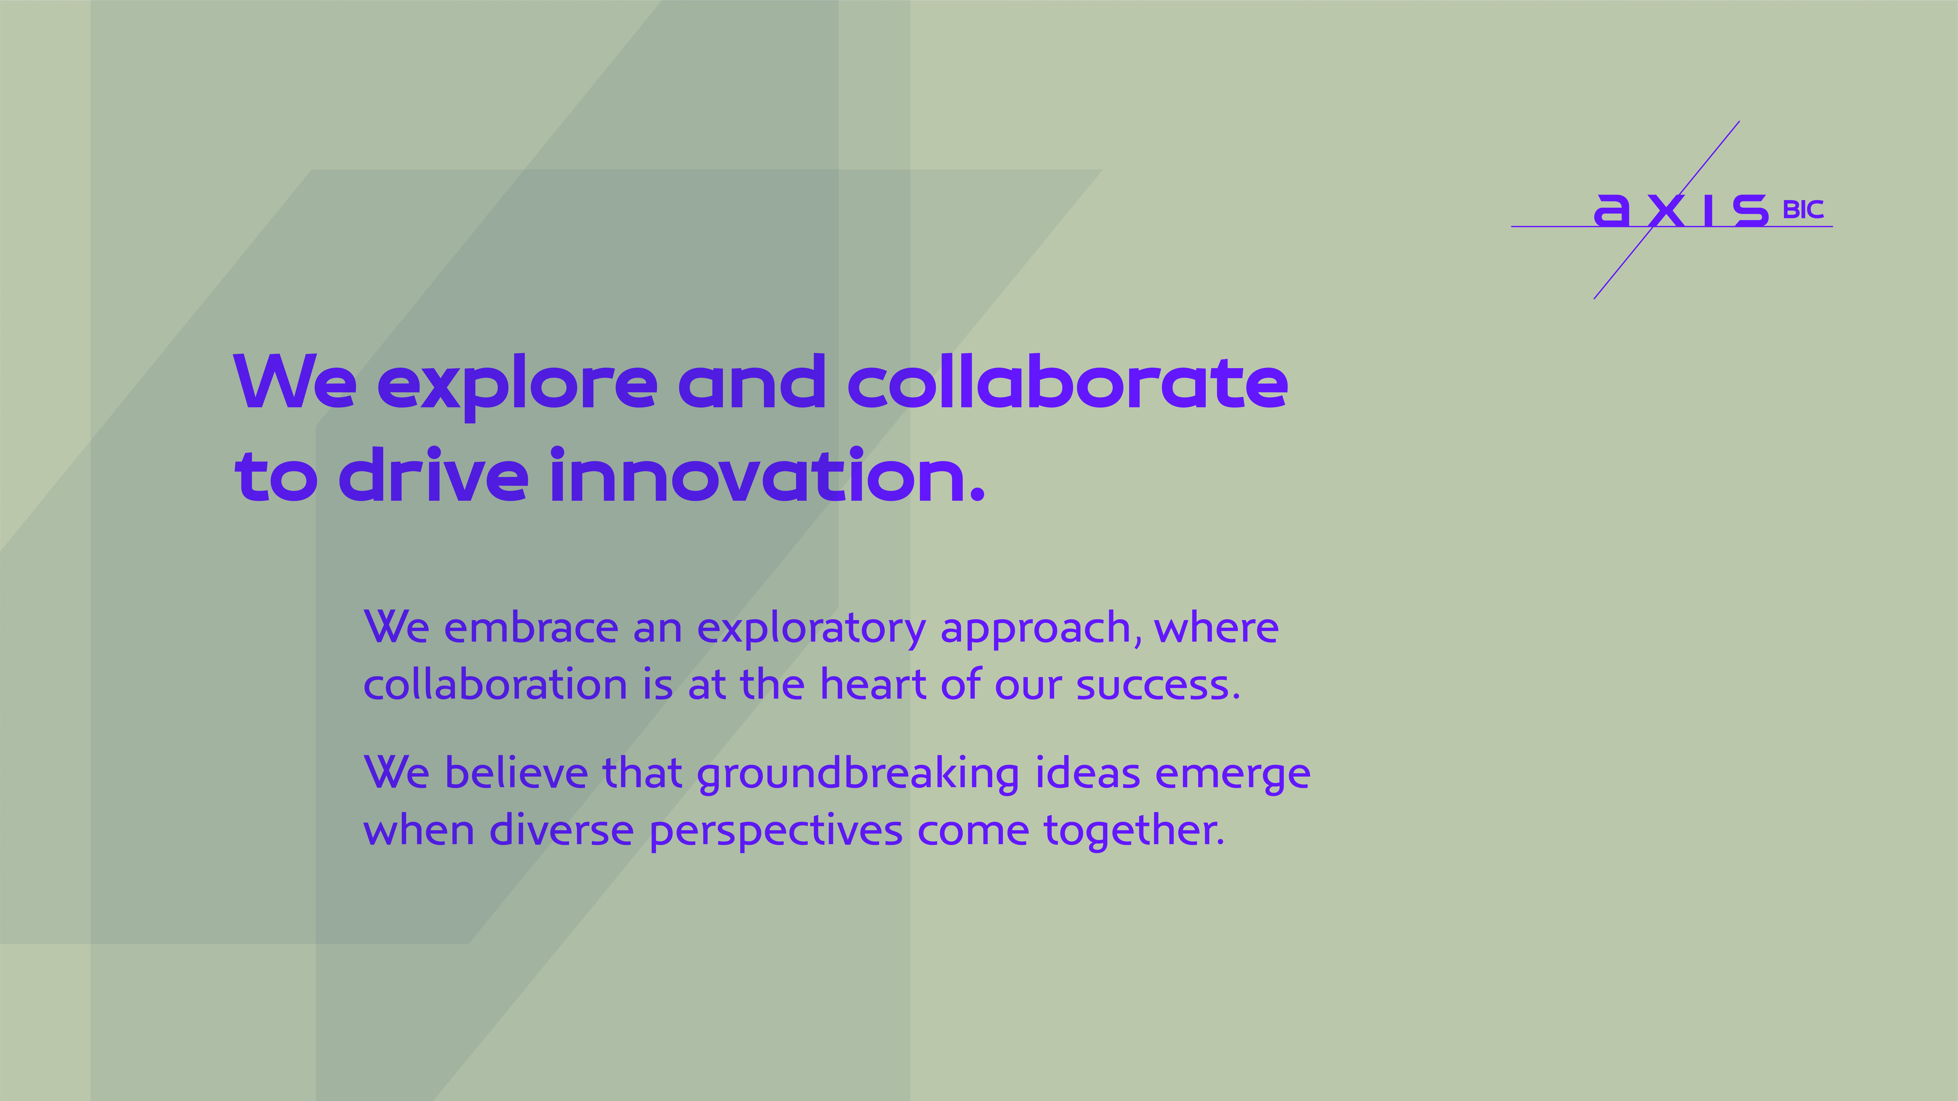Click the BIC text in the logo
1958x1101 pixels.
pyautogui.click(x=1803, y=210)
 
